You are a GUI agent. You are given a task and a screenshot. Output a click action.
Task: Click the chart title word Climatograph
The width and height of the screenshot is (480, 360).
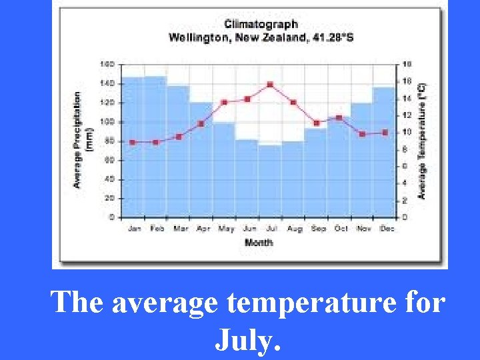(261, 25)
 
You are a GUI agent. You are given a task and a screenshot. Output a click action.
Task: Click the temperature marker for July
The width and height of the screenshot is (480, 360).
(270, 85)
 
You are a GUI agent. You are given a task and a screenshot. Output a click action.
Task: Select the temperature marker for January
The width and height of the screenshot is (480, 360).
(133, 142)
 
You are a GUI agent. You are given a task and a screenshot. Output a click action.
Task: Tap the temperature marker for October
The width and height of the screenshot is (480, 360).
(339, 118)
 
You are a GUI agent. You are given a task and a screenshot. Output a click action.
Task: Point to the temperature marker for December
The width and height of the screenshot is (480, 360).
(385, 133)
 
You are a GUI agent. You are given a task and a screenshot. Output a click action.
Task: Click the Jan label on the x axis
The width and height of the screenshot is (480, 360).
(134, 229)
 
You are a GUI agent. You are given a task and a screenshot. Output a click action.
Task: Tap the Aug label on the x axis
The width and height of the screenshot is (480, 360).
(294, 229)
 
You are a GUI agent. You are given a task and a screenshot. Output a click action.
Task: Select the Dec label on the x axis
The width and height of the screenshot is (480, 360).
(387, 229)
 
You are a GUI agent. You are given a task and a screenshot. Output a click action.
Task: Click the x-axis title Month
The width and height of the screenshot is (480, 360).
(259, 242)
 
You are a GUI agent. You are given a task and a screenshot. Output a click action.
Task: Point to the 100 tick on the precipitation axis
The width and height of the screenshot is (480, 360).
(107, 122)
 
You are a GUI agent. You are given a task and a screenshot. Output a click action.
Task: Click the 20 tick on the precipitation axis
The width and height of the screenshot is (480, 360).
(109, 199)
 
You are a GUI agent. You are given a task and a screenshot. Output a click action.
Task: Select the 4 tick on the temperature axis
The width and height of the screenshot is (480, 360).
(406, 183)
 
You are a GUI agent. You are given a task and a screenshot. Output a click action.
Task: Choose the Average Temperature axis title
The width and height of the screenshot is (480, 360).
(421, 140)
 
